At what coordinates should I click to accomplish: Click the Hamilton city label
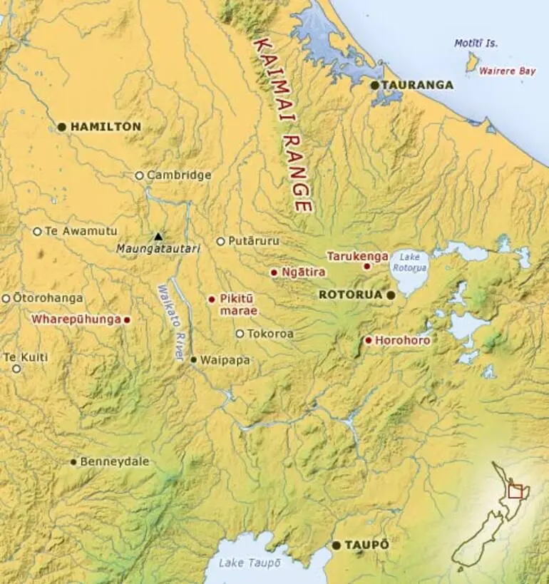106,126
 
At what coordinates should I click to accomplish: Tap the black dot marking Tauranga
374,85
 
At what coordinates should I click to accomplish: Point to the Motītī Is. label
476,43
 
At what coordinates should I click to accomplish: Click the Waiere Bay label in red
506,71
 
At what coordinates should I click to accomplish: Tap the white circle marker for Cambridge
140,175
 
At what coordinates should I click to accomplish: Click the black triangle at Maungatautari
158,236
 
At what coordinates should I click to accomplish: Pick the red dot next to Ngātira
274,272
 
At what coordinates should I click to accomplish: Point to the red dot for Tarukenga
366,267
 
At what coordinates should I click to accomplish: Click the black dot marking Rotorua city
391,294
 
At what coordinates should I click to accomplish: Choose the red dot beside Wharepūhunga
127,320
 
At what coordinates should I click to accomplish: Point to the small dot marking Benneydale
73,462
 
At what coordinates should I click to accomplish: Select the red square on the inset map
515,491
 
